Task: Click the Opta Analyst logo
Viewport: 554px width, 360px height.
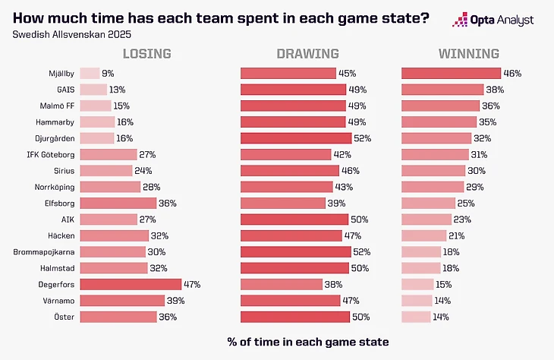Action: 493,20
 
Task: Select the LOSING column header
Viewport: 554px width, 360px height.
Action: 147,54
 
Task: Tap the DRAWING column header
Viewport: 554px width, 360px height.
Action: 307,54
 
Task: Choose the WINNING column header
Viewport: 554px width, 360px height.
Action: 468,54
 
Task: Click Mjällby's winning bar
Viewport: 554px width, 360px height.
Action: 451,74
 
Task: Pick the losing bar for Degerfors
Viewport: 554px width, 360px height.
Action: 131,284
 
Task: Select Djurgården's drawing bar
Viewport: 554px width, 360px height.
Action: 296,138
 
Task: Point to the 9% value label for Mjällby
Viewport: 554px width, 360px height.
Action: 108,74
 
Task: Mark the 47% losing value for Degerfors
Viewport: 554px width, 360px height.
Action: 191,284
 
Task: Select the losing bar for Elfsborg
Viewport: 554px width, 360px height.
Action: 118,204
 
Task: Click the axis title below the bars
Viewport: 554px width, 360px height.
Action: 307,342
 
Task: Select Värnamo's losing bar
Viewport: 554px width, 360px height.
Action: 122,300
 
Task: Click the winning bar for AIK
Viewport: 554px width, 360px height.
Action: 430,219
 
